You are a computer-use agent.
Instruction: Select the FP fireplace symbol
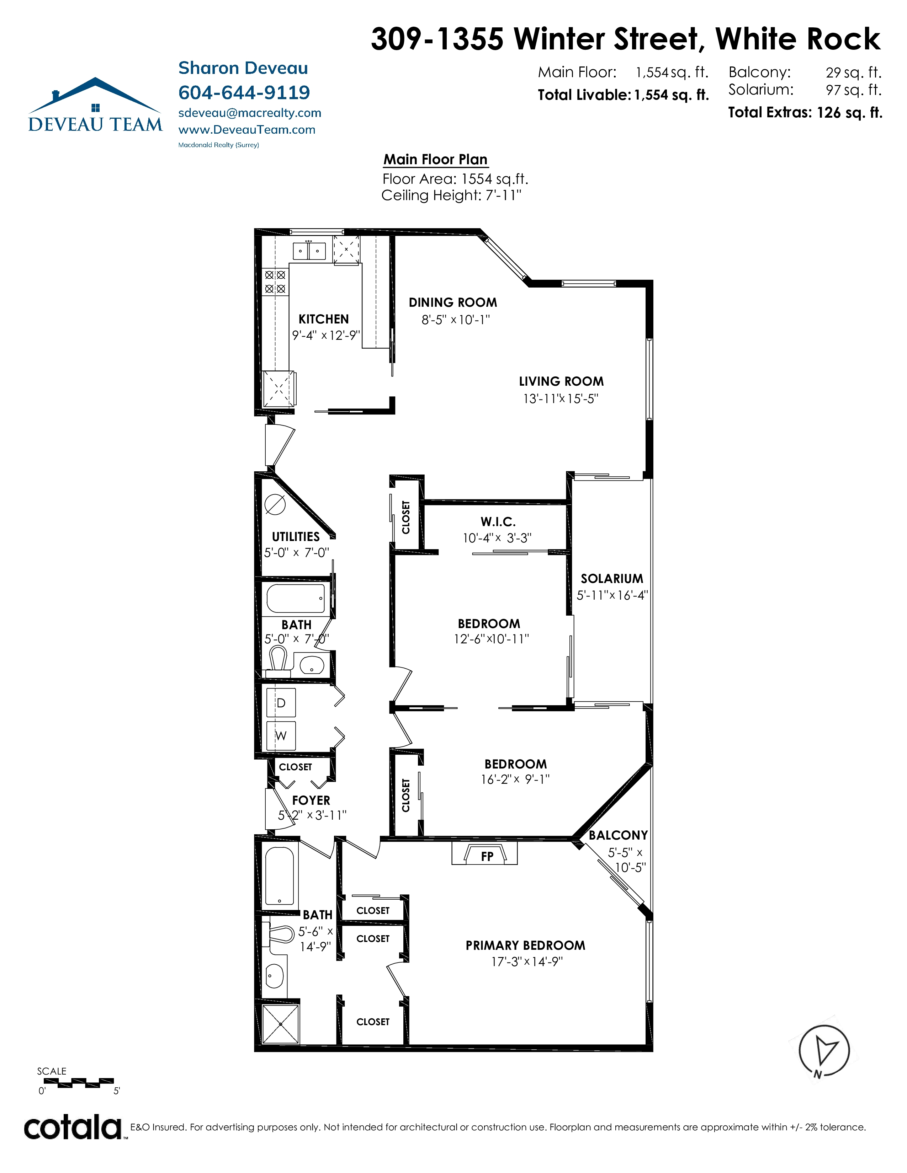click(485, 853)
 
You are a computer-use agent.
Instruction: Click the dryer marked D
click(281, 702)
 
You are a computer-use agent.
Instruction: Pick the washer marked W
click(281, 735)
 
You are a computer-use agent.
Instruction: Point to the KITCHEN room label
click(323, 319)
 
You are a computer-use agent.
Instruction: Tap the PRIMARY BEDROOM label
click(525, 945)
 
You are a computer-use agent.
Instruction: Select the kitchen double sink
click(309, 251)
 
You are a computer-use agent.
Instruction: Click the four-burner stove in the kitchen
click(275, 282)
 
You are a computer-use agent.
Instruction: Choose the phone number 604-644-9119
click(244, 92)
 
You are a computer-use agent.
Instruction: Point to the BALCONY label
click(619, 835)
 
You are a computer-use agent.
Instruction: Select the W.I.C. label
click(498, 521)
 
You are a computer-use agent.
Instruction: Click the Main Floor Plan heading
click(435, 160)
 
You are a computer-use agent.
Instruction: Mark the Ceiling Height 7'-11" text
click(451, 195)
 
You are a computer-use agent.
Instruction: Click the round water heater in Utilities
click(275, 504)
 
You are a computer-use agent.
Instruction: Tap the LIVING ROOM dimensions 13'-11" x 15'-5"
click(561, 398)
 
